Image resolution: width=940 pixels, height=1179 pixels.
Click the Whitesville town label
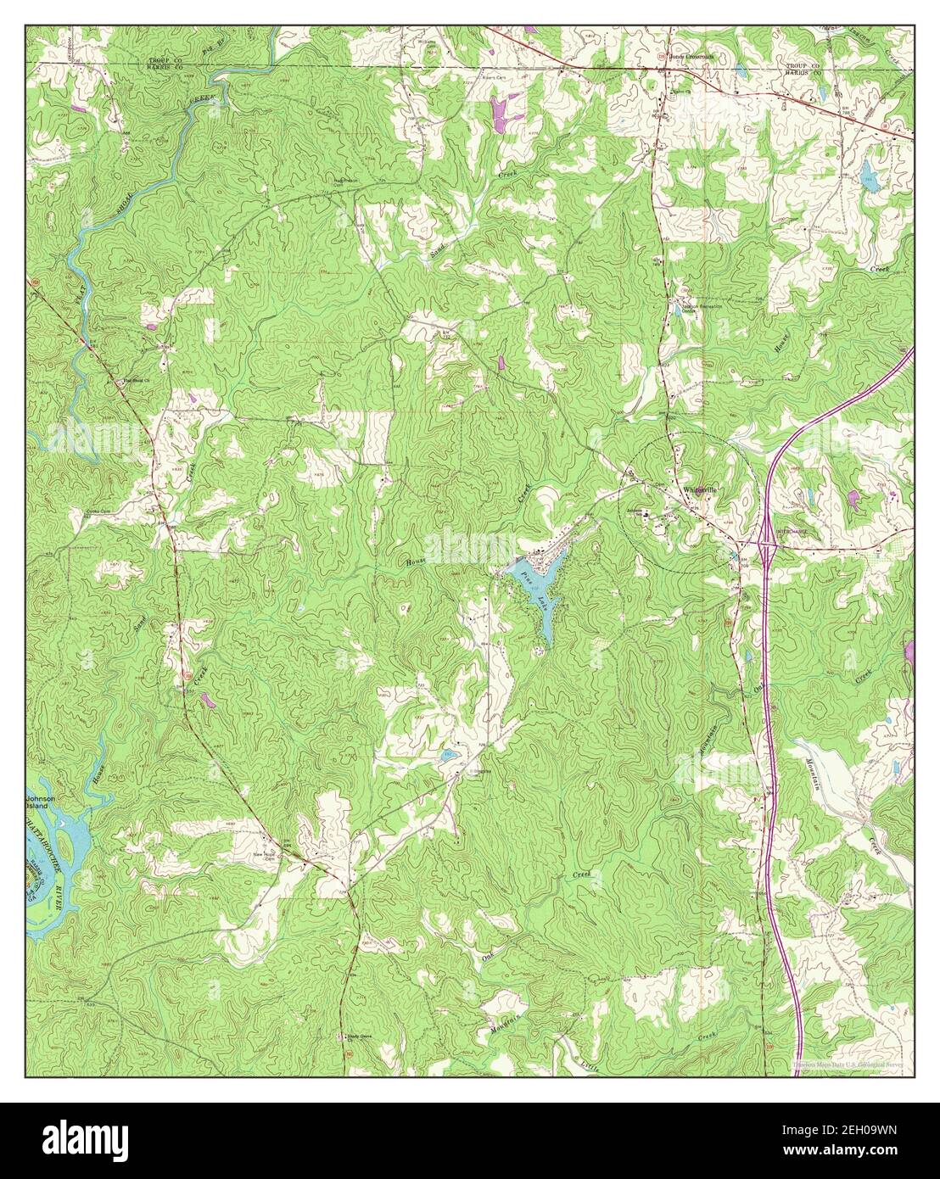[700, 490]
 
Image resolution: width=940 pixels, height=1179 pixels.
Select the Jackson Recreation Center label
[696, 307]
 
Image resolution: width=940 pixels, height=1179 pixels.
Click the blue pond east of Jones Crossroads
[867, 177]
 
